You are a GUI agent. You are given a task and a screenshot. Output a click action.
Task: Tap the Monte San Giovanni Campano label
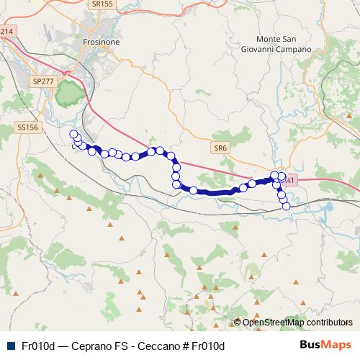tap(284, 44)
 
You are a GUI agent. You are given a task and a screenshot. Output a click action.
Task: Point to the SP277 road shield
tap(44, 83)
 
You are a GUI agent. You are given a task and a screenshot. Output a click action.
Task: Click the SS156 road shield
tap(26, 127)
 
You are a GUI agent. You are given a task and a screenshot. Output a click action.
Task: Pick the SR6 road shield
tap(220, 148)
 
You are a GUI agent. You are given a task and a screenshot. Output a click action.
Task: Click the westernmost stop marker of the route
tap(73, 134)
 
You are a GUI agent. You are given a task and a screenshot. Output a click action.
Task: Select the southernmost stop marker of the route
tap(286, 206)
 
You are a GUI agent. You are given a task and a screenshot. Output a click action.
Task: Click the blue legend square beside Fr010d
tap(10, 346)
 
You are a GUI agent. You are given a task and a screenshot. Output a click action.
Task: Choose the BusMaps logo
tap(325, 345)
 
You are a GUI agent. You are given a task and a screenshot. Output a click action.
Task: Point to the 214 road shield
tap(6, 32)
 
